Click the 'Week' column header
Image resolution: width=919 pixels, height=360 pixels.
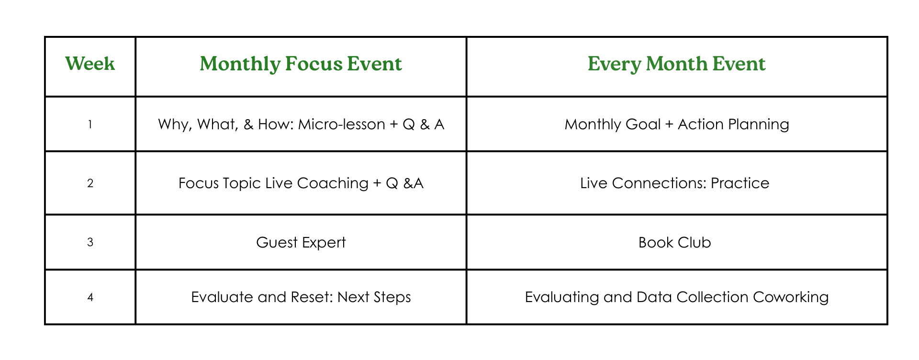tap(90, 64)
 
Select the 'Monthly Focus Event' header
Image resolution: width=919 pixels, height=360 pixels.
tap(301, 64)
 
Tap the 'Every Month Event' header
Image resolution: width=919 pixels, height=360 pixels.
tap(676, 64)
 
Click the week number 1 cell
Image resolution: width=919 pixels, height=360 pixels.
tap(90, 124)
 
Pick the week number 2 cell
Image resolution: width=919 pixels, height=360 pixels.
tap(90, 183)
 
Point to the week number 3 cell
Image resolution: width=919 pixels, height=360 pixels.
tap(90, 242)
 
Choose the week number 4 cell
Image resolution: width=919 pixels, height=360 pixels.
tap(90, 297)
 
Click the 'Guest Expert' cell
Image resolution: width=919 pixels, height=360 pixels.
tap(301, 243)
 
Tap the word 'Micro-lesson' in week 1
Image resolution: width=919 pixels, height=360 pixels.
tap(341, 124)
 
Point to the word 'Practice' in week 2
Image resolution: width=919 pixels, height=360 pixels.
tap(740, 183)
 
